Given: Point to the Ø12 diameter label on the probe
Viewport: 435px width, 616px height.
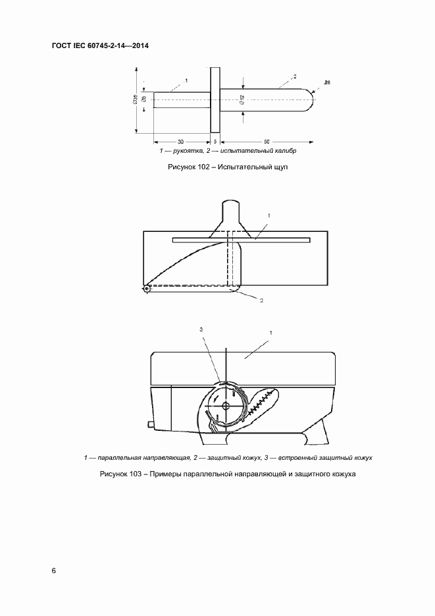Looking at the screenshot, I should tap(242, 101).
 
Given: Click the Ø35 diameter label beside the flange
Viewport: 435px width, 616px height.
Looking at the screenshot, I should tap(134, 100).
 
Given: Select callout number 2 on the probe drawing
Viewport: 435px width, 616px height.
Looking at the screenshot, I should tap(295, 77).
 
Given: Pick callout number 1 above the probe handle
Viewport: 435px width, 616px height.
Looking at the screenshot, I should tap(186, 80).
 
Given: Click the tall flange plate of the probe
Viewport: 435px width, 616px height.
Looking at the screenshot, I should tap(215, 100).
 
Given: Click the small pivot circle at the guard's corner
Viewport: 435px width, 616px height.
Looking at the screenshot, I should tap(146, 288).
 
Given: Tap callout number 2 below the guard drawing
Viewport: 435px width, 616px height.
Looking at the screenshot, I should tap(261, 300).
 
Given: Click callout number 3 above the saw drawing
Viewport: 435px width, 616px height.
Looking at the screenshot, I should tap(201, 329).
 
